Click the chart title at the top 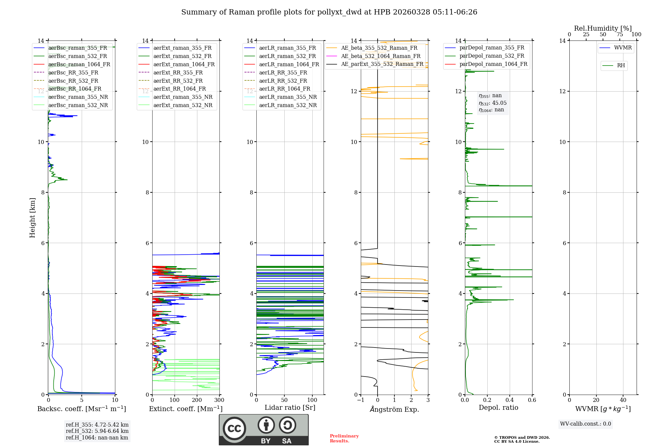(x=329, y=12)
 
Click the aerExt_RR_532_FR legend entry (x=178, y=81)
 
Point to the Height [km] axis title (x=32, y=217)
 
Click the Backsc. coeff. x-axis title (x=81, y=409)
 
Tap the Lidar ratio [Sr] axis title (x=290, y=407)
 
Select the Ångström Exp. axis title (x=394, y=409)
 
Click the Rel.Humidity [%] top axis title (x=603, y=28)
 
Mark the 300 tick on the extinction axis (x=219, y=400)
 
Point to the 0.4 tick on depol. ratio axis (x=509, y=400)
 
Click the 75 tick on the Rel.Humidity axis (x=619, y=35)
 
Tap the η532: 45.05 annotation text (x=493, y=103)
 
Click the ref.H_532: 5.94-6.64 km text (x=97, y=431)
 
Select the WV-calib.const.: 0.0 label (x=586, y=424)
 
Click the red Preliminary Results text (x=344, y=438)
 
